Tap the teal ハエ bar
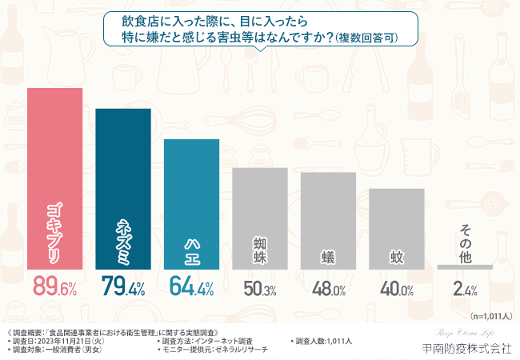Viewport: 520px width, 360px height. (191, 203)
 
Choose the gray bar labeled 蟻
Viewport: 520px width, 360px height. (328, 220)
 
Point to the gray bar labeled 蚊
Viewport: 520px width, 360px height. (397, 228)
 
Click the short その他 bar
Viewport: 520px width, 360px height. (465, 266)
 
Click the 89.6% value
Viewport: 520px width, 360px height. (54, 287)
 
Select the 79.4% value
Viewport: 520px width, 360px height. (123, 287)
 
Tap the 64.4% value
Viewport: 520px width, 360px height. (191, 287)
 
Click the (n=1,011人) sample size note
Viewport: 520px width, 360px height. (490, 316)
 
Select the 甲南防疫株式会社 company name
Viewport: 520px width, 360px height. (466, 348)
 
